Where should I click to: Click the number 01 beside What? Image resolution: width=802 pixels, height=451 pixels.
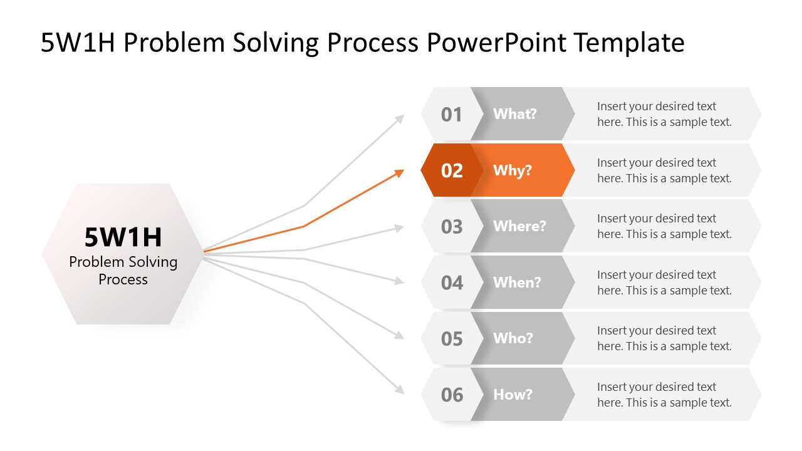[x=451, y=115]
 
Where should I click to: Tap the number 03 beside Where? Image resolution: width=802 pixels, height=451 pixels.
[x=451, y=226]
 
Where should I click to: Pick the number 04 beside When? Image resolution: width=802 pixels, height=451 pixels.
[x=451, y=283]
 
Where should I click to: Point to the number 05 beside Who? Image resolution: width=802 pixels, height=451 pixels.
[x=451, y=339]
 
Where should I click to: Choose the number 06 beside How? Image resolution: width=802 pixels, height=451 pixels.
[x=451, y=395]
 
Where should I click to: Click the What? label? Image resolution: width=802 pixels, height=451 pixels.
[x=515, y=114]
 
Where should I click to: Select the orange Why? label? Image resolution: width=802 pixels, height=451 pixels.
[x=513, y=170]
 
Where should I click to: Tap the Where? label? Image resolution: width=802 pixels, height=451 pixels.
[x=519, y=226]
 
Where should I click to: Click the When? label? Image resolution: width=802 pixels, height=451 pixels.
[x=517, y=283]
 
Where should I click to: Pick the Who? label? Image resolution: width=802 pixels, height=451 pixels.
[x=513, y=338]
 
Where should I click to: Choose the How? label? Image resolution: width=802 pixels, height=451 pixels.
[x=513, y=395]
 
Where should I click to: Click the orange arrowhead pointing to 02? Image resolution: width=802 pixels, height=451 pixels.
[x=399, y=172]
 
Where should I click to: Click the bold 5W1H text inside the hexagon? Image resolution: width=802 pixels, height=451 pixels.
[x=123, y=237]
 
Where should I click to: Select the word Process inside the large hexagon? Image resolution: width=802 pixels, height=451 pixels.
[x=123, y=279]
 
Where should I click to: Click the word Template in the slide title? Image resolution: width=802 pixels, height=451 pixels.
[x=629, y=43]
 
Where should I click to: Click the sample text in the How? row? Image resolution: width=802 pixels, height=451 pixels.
[x=664, y=395]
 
